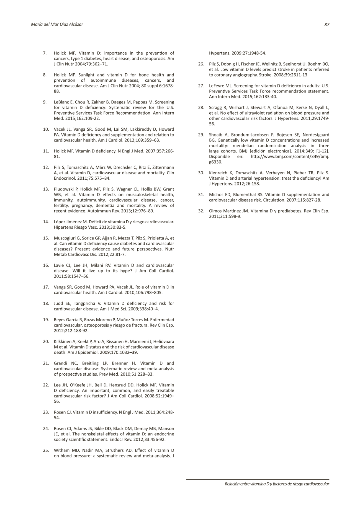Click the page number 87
coord(327,24)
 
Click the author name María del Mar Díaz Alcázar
coord(57,24)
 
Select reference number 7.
coord(45,53)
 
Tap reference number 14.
coord(46,222)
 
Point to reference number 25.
coord(46,450)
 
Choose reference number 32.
coord(201,211)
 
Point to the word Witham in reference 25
coord(61,450)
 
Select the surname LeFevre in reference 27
coord(216,86)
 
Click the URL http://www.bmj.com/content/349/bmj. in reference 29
coord(290,157)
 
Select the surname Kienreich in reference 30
coord(218,173)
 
